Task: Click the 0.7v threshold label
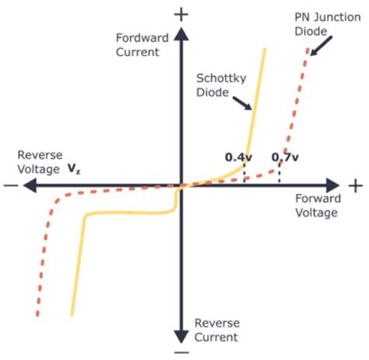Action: [285, 157]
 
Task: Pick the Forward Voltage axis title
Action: [317, 206]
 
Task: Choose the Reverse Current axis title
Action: [216, 330]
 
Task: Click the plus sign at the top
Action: [180, 14]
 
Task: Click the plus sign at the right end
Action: [356, 186]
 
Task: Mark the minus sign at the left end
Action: [9, 186]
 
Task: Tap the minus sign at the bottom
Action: [180, 353]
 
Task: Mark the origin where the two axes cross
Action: [180, 186]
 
